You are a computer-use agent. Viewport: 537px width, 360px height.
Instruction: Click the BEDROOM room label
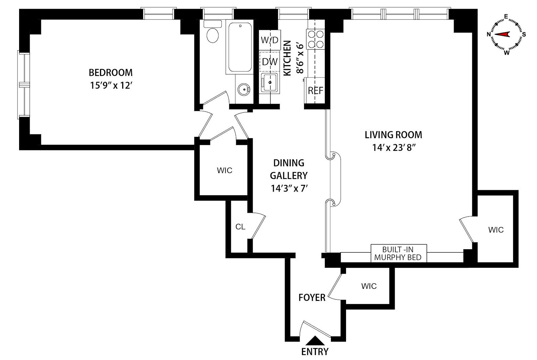[110, 72]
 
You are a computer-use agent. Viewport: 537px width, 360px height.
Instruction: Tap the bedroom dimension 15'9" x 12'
[110, 85]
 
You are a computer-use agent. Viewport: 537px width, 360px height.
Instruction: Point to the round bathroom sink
[244, 89]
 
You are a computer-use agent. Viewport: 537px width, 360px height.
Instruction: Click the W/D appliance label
[270, 40]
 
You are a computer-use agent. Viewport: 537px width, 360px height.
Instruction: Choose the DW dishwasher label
[270, 61]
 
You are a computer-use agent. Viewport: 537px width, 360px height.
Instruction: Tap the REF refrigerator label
[315, 91]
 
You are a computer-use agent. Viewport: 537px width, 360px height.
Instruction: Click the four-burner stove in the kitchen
[315, 39]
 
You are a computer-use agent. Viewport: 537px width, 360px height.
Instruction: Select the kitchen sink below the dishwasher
[270, 83]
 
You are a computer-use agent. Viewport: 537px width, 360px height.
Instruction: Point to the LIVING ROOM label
[393, 135]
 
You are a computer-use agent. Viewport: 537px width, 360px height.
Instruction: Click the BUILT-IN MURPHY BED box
[398, 254]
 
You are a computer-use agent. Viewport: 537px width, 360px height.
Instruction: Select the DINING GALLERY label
[289, 169]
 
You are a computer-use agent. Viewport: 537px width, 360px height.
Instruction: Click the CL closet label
[240, 227]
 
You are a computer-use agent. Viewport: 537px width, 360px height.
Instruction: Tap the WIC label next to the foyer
[369, 286]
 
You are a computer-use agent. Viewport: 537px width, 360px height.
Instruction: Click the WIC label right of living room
[496, 230]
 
